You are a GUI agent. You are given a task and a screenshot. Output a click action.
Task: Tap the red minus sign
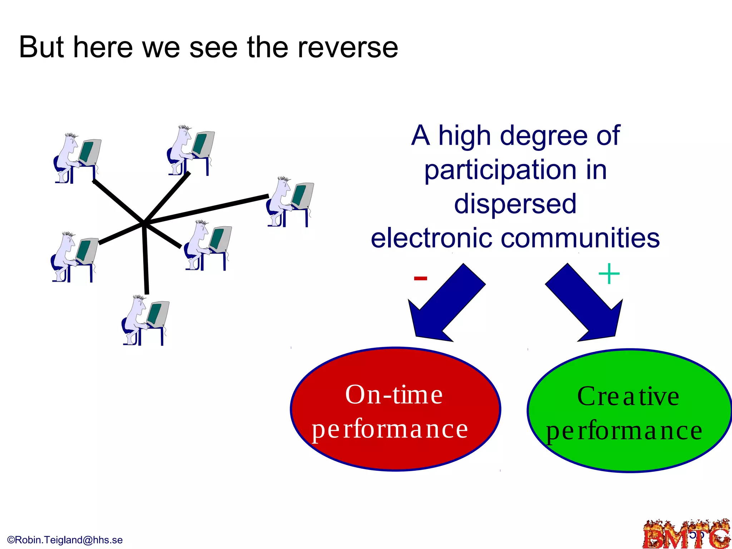(x=420, y=278)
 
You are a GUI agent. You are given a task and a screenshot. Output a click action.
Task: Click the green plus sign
(x=609, y=274)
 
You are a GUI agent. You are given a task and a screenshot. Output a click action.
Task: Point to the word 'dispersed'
(x=515, y=204)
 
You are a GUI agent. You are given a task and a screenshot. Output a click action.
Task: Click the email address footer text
(x=65, y=540)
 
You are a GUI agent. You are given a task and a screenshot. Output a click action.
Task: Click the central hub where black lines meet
(x=144, y=224)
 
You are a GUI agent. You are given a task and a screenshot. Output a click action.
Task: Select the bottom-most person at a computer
(x=145, y=320)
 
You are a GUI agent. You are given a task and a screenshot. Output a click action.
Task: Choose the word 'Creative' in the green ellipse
(x=628, y=397)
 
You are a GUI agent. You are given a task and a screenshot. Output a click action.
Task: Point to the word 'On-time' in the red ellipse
(x=394, y=395)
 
